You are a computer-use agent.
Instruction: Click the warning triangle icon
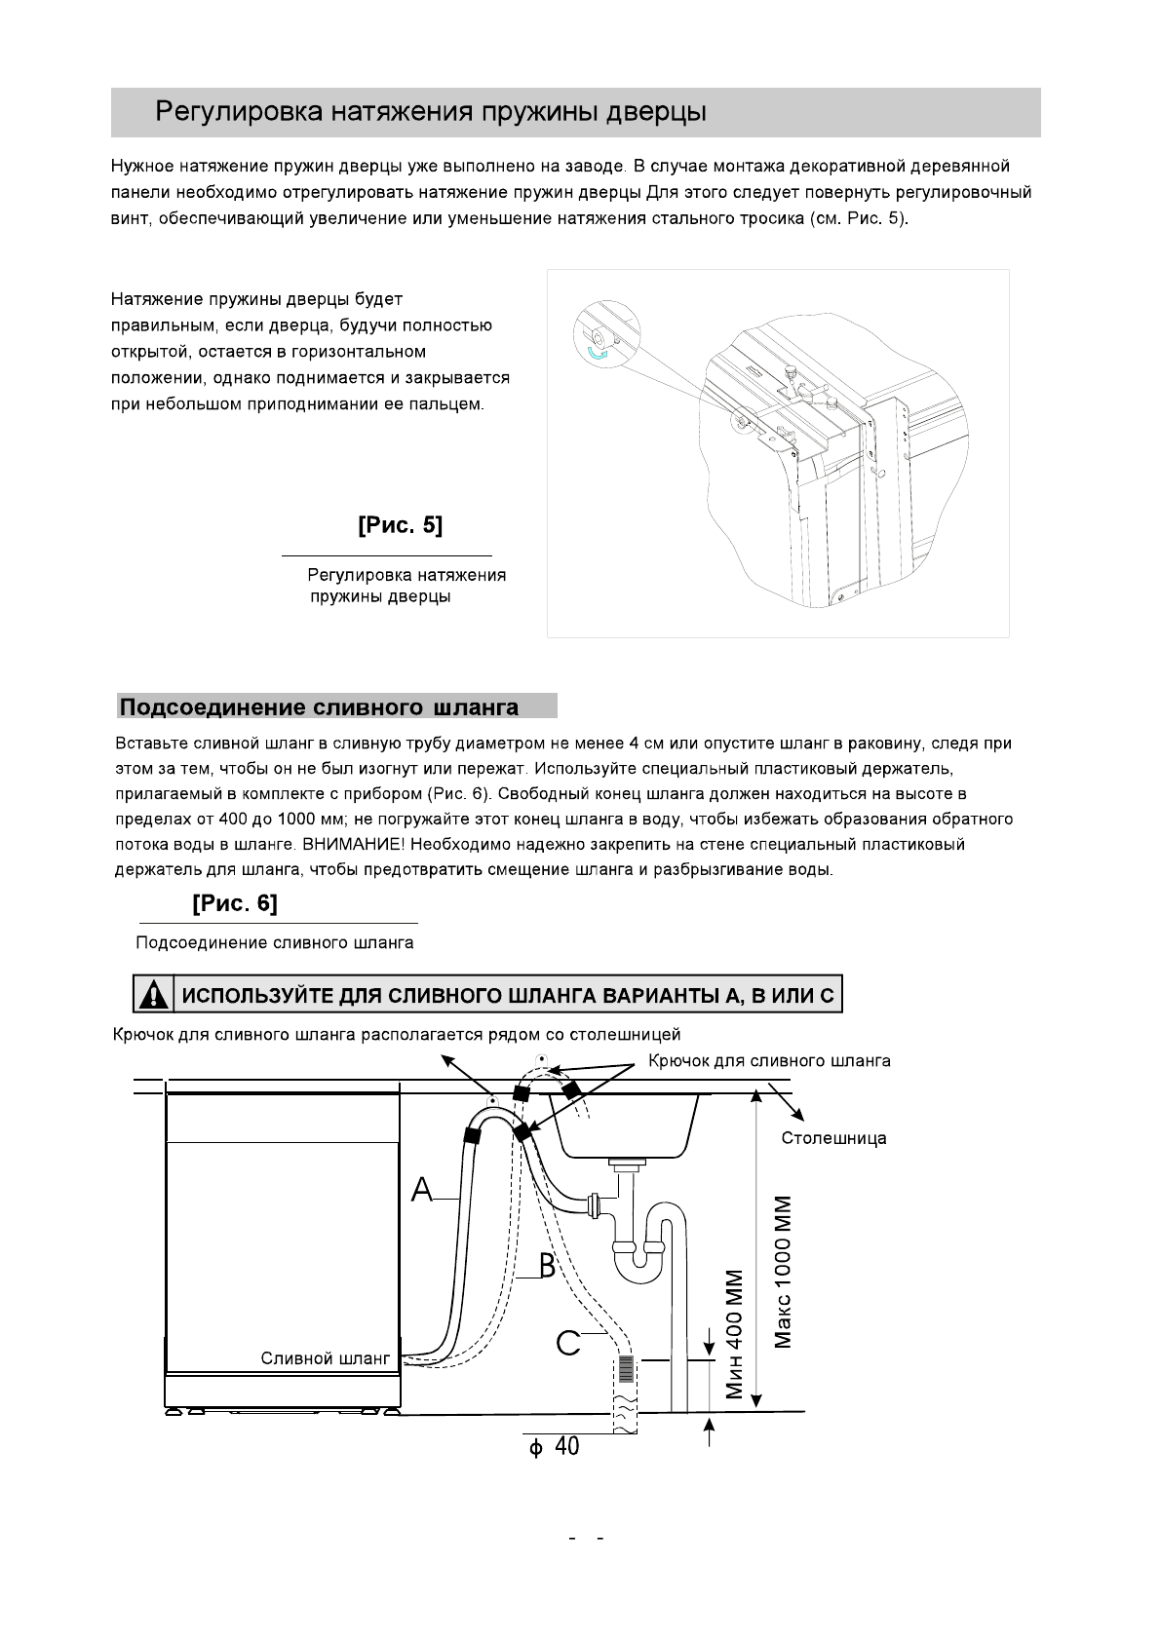click(x=152, y=995)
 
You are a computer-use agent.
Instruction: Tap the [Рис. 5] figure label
click(x=400, y=525)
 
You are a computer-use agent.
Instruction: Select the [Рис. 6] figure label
click(x=235, y=903)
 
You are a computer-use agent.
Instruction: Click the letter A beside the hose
click(x=422, y=1190)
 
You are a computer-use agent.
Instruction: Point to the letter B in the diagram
click(x=547, y=1267)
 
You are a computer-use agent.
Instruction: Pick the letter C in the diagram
click(x=567, y=1343)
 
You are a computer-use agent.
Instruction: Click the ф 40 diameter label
click(x=554, y=1447)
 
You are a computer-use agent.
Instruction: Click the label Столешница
click(x=833, y=1138)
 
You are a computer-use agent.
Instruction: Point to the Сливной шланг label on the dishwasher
click(x=325, y=1358)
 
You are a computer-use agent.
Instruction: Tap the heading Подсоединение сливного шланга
click(x=319, y=706)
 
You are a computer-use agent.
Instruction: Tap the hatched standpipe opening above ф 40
click(x=625, y=1369)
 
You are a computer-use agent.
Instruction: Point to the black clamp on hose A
click(x=475, y=1133)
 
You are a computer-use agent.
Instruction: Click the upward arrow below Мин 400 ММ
click(x=710, y=1431)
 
